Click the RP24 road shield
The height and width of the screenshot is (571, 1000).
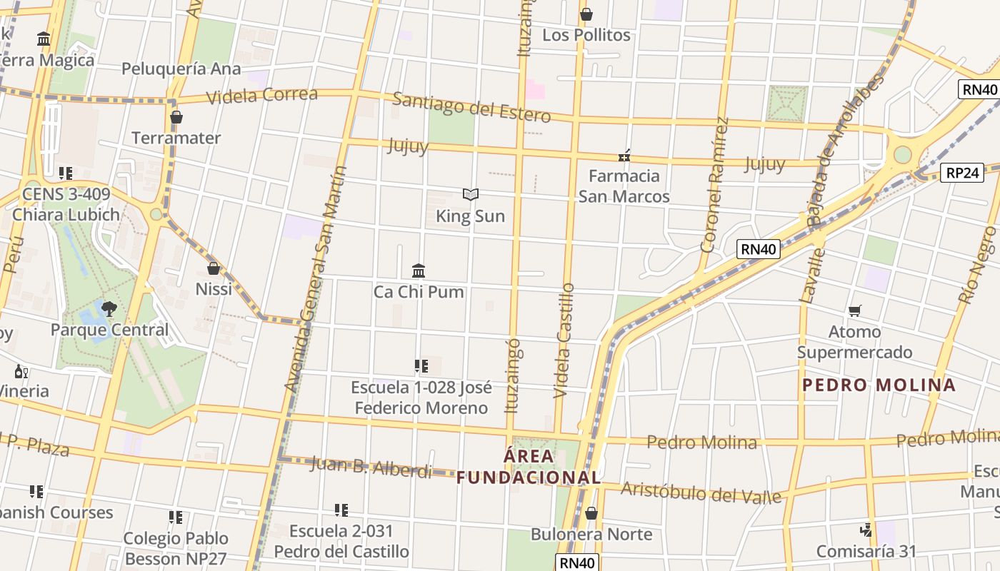[963, 172]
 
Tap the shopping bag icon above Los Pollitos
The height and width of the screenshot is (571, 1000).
[586, 14]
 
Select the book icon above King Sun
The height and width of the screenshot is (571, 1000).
[470, 194]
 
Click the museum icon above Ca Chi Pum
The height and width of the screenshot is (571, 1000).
[419, 271]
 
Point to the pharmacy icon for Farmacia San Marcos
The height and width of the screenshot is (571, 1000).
[624, 155]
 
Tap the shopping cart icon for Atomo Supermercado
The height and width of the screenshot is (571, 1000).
[854, 310]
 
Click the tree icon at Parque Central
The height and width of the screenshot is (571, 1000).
[109, 308]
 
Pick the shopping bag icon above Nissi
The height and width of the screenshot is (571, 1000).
[213, 268]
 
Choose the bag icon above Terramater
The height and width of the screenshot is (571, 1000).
[176, 117]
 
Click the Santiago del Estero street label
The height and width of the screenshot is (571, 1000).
[471, 107]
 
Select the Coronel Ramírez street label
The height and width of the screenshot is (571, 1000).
[715, 186]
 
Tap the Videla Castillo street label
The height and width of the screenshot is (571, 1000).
[564, 340]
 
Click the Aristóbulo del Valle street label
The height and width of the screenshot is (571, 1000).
[701, 492]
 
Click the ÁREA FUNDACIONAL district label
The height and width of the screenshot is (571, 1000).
[529, 467]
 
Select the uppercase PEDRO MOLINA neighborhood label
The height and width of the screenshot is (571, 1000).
[879, 385]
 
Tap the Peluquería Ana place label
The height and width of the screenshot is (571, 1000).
[181, 69]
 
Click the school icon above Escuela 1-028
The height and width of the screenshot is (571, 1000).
[421, 366]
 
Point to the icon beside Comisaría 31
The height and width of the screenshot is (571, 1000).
[866, 530]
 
